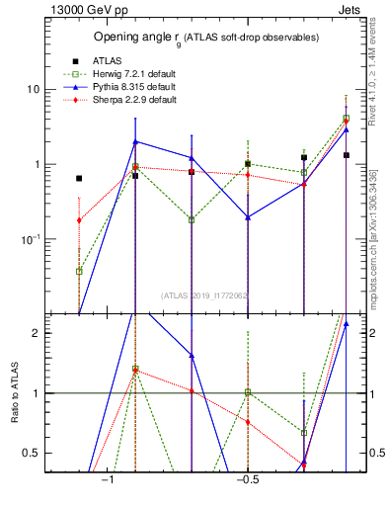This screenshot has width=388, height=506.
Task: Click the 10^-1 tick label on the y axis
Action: [30, 240]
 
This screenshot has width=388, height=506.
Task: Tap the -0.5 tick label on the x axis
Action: [247, 480]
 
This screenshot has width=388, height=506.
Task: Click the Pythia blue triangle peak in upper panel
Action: [135, 141]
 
